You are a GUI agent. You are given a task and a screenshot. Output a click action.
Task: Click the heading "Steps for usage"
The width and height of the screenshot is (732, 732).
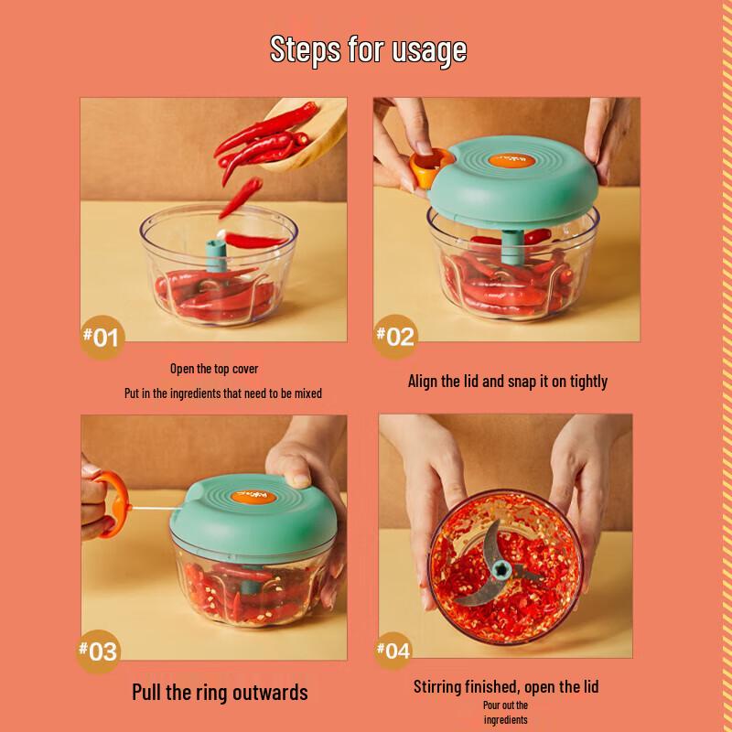[x=368, y=49]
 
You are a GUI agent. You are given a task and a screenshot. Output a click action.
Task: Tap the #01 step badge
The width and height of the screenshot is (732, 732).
[x=102, y=338]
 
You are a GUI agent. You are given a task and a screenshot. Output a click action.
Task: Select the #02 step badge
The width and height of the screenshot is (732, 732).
[x=395, y=336]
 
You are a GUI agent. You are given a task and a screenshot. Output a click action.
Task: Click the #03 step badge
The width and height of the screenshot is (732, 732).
[x=99, y=651]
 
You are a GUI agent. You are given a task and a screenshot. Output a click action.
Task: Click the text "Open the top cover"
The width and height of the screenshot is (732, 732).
[x=214, y=370]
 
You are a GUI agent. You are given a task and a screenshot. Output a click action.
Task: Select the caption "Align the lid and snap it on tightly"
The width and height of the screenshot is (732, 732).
[x=507, y=382]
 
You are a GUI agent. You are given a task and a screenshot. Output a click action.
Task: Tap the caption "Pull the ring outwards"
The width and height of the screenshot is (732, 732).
[x=220, y=691]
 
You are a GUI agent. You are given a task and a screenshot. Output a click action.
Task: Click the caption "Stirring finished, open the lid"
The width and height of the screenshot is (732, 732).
[x=506, y=686]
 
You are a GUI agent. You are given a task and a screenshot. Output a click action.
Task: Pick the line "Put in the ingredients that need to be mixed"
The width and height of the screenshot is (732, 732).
[x=223, y=393]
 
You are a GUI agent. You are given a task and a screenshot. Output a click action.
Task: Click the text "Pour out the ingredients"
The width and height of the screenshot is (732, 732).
[x=506, y=712]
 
